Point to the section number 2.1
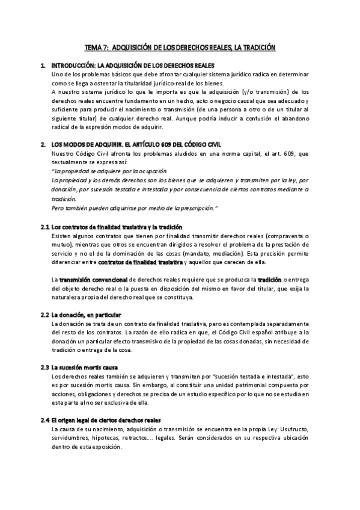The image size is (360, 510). pyautogui.click(x=44, y=227)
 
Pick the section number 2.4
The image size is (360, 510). pyautogui.click(x=44, y=420)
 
